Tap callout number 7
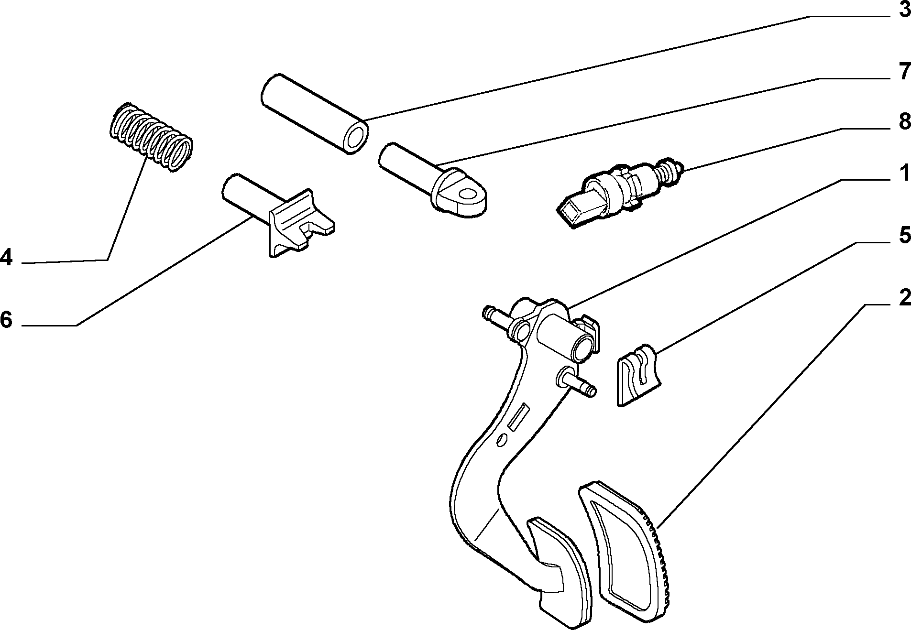point(904,72)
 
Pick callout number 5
point(904,235)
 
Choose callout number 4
point(6,257)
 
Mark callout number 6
point(6,319)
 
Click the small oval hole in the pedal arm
point(501,440)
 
